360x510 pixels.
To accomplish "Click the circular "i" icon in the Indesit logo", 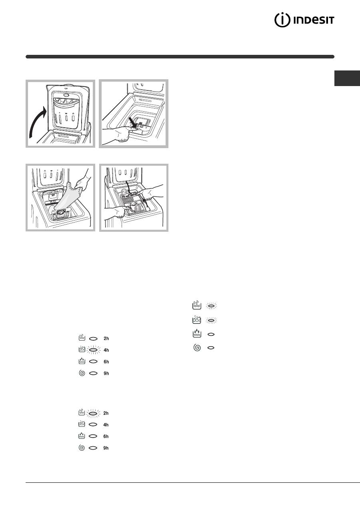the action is coord(282,20).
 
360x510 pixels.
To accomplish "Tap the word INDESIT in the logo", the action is coord(314,20).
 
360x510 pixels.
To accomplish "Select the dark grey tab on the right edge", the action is coord(347,78).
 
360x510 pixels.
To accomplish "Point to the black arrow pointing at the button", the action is coord(132,122).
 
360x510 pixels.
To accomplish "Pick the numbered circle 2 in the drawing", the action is coord(124,191).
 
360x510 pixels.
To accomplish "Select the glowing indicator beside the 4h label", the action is coord(94,350).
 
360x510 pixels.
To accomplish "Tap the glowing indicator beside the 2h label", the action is coord(93,413).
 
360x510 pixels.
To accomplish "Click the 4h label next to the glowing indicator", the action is coord(106,350).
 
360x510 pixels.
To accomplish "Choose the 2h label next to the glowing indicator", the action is coord(106,413).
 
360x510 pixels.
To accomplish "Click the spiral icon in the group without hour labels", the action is coord(197,347).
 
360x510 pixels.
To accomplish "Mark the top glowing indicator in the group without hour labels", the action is coord(212,306).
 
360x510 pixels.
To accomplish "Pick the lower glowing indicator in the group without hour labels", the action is coord(212,320).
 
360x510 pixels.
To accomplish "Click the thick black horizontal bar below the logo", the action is coord(180,57).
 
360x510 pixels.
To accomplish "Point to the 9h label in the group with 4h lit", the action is coord(106,373).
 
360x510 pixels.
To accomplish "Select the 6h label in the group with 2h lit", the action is coord(106,436).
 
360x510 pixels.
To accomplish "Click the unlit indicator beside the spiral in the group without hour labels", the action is coord(211,347).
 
